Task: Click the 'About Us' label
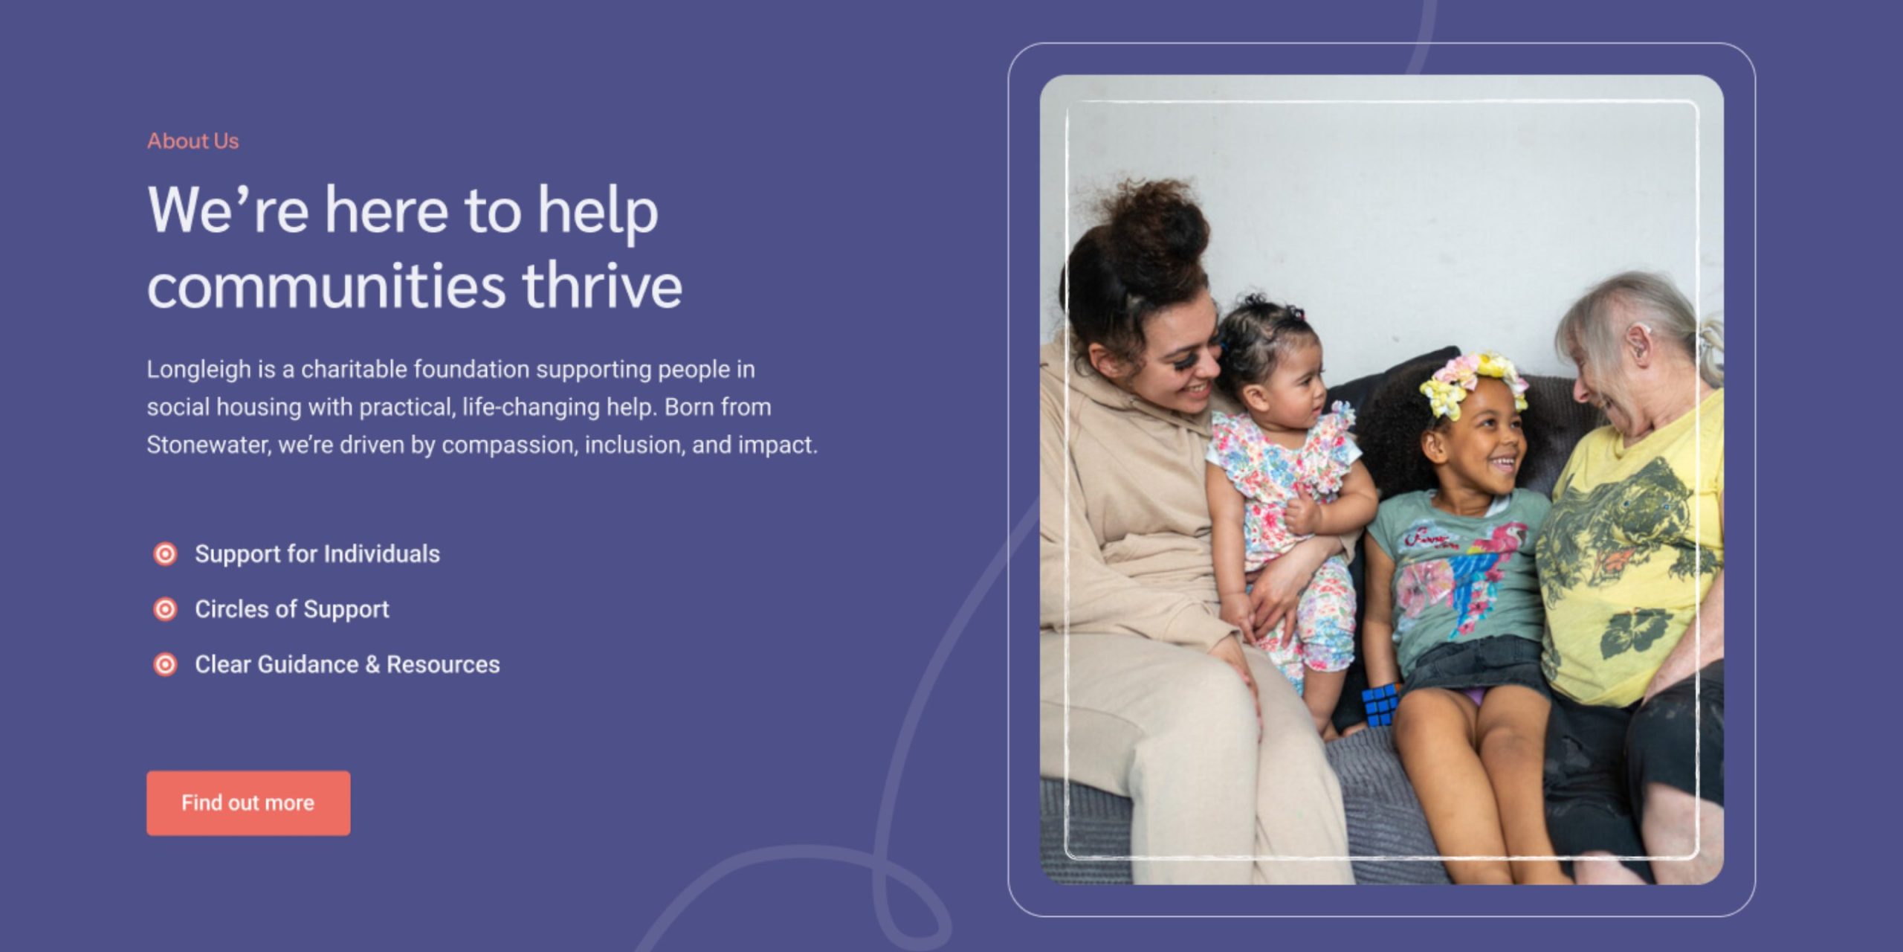point(193,141)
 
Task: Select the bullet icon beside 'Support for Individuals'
point(165,554)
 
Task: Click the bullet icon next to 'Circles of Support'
point(165,609)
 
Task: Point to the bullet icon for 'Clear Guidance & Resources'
point(165,664)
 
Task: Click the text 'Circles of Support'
point(292,609)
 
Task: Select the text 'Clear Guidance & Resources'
point(347,664)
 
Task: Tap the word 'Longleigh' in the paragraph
point(198,370)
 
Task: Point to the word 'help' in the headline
point(598,212)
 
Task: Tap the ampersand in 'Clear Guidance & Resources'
point(372,664)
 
